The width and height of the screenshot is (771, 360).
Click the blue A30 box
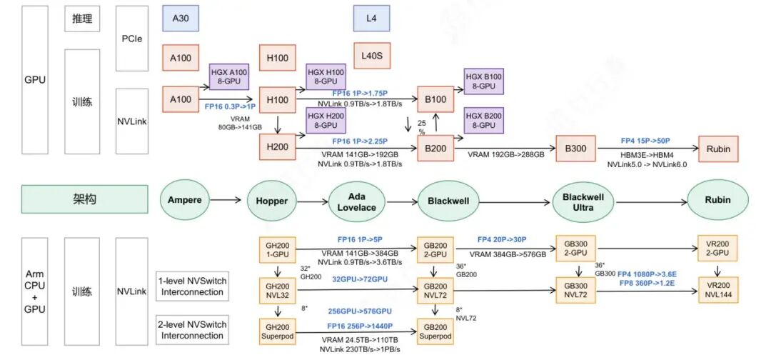click(181, 18)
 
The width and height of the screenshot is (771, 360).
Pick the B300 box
click(574, 149)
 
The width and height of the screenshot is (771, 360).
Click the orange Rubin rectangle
click(718, 149)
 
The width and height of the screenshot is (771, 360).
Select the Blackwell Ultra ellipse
click(583, 200)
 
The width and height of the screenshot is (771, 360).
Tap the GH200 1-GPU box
click(277, 249)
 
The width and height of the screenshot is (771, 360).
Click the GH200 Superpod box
click(277, 331)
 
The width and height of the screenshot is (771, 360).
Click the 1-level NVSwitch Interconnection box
click(192, 286)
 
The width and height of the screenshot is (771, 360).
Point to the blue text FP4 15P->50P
click(645, 141)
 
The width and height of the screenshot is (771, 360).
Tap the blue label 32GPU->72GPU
click(359, 279)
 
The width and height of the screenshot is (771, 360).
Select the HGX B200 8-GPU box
click(483, 119)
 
